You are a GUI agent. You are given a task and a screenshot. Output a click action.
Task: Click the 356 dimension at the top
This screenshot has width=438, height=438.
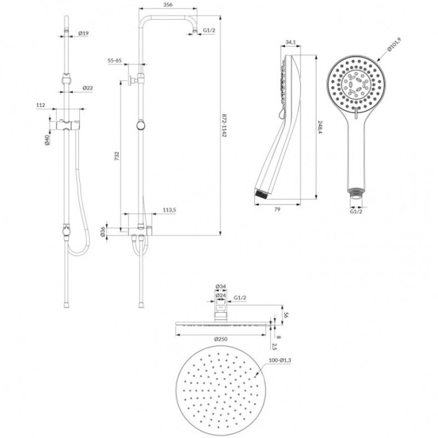coord(168,4)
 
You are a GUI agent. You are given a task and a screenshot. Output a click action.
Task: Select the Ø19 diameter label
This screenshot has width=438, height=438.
coord(83,33)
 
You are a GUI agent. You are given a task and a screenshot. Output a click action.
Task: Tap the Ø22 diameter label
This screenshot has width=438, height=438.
coord(88,88)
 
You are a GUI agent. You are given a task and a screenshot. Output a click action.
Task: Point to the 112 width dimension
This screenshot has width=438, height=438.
coord(41,105)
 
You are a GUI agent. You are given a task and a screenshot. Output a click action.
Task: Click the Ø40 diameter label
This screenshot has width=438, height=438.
coord(47,140)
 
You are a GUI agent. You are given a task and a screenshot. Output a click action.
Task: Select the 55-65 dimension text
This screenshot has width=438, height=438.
coord(114,60)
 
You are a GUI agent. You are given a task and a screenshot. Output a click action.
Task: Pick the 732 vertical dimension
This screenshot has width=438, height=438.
coord(117,156)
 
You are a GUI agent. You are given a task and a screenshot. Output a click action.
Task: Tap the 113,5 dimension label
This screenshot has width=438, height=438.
coord(169,210)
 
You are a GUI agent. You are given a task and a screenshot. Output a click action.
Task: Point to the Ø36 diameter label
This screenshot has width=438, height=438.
coord(102,232)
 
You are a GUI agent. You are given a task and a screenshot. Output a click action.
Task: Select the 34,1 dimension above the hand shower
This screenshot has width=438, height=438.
coord(291,43)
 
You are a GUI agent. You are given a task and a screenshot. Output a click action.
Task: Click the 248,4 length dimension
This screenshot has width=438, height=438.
coord(320,127)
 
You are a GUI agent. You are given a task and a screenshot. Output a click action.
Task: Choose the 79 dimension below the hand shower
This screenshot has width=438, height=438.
coord(277,209)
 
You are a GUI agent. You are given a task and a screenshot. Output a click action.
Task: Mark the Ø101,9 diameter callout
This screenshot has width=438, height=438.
coord(394,45)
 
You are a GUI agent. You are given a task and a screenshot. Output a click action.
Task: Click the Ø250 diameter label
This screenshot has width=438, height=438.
coord(221,339)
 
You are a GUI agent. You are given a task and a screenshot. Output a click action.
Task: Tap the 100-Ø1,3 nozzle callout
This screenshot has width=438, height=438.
coord(280,360)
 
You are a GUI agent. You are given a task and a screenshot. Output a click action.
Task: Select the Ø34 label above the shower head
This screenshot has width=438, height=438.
coord(221,286)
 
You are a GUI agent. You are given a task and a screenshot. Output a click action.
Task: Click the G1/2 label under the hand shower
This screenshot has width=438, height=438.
coord(356,211)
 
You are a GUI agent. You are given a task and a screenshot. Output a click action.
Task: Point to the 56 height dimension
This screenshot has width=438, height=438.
coord(286,315)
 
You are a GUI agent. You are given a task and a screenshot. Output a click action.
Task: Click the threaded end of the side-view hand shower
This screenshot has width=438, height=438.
coord(262,194)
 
